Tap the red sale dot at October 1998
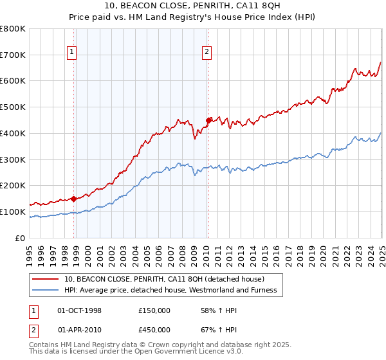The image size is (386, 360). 73,199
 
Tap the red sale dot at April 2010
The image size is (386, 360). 208,120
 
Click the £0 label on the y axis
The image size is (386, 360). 21,238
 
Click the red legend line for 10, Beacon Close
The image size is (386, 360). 46,279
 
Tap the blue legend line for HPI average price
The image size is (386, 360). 46,291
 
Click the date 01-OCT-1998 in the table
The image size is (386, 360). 79,310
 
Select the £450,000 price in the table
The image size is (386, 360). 154,329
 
